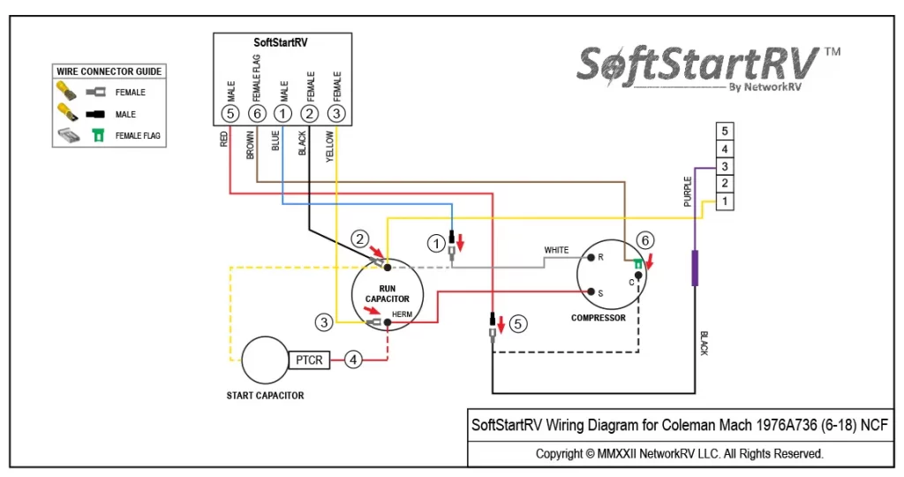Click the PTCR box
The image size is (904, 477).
(x=309, y=360)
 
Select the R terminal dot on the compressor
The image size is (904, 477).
(x=591, y=258)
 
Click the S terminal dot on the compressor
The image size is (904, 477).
(x=591, y=291)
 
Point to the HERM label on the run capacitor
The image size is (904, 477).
(x=402, y=314)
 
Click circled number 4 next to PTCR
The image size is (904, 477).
(x=353, y=360)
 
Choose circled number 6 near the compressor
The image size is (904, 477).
(x=644, y=240)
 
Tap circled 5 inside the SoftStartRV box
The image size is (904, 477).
(x=230, y=114)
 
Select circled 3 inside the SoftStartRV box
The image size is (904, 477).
(x=336, y=114)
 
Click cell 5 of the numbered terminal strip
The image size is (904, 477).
(x=725, y=131)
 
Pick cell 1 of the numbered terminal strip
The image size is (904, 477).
(x=725, y=201)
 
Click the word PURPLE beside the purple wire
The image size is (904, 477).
(x=687, y=192)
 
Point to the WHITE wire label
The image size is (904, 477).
(x=556, y=250)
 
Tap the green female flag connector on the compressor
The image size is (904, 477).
(x=638, y=264)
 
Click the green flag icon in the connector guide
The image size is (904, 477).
(x=99, y=135)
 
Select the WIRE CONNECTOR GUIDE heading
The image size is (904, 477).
(x=109, y=72)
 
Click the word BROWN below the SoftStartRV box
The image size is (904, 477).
(x=250, y=146)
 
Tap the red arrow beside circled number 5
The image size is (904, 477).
(x=501, y=325)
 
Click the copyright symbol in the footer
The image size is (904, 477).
(x=590, y=454)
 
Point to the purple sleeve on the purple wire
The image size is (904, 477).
(x=695, y=269)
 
